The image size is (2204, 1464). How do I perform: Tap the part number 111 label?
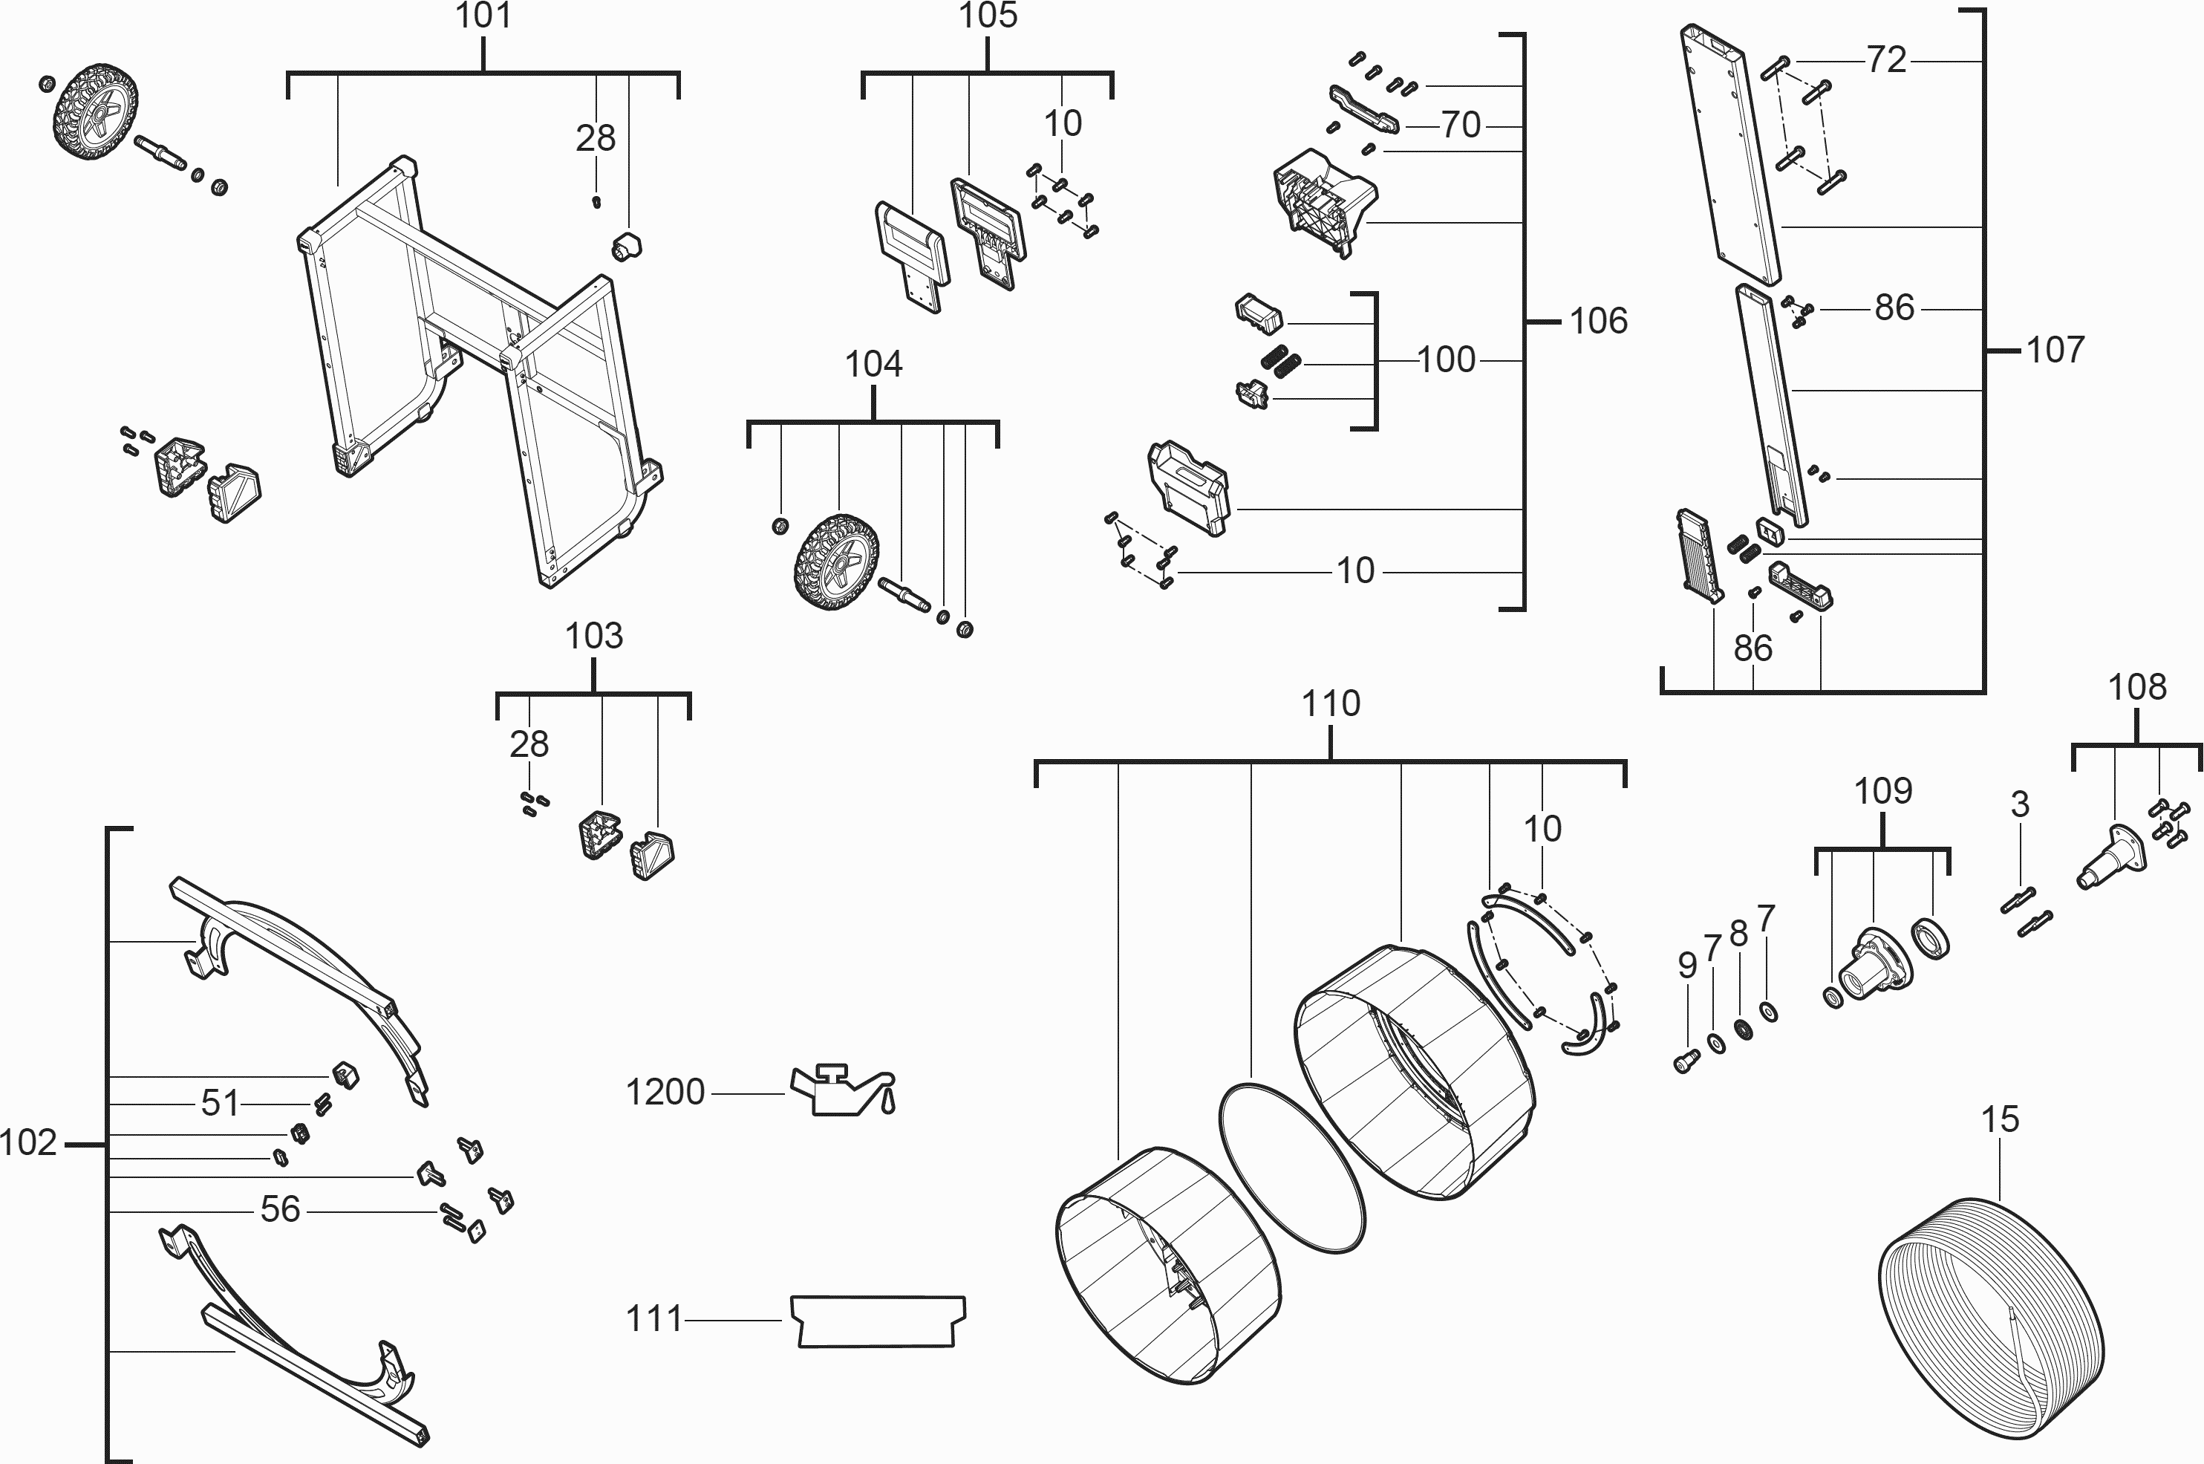tap(654, 1319)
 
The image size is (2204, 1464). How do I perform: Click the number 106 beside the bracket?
tap(1598, 321)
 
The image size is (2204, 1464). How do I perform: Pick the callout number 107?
tap(2055, 350)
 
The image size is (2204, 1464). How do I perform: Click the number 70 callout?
tap(1461, 124)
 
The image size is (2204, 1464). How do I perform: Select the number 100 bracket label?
tap(1446, 360)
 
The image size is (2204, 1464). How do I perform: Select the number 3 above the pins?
tap(2019, 804)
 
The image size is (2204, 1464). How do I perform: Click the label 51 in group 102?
tap(221, 1104)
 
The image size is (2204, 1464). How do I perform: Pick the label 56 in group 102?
tap(280, 1209)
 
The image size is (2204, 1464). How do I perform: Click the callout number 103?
tap(594, 636)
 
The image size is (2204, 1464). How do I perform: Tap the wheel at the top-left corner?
tap(95, 109)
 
